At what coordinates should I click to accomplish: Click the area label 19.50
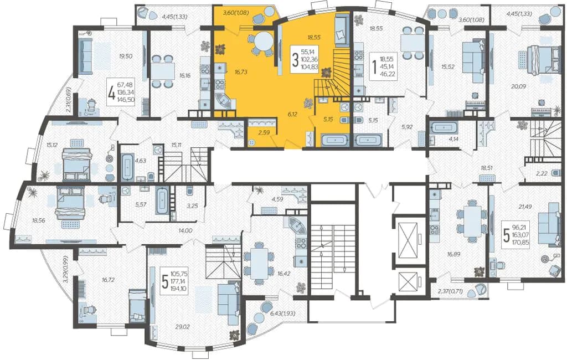[126, 56]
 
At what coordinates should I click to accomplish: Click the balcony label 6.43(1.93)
[283, 313]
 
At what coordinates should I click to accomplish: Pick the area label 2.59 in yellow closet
[264, 133]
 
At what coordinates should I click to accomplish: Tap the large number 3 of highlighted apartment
[295, 60]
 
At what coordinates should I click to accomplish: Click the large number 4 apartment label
[112, 93]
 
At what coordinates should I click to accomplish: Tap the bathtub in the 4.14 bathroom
[445, 128]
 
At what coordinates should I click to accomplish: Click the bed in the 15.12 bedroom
[77, 164]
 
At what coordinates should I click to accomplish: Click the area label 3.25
[192, 205]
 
